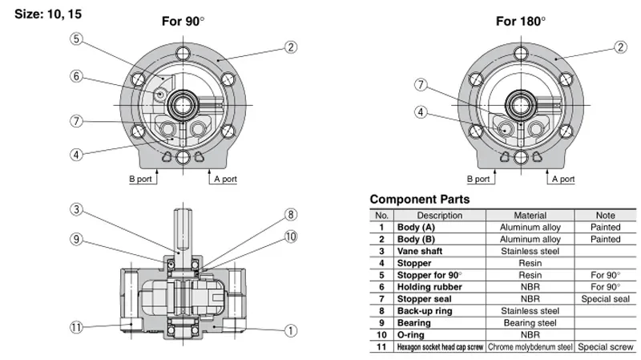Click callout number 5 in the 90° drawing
pyautogui.click(x=76, y=39)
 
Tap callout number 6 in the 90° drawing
pyautogui.click(x=76, y=76)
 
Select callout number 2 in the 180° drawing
pyautogui.click(x=620, y=47)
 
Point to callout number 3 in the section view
pyautogui.click(x=76, y=209)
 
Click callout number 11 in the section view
pyautogui.click(x=76, y=327)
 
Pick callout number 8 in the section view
pyautogui.click(x=291, y=214)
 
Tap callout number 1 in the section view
pyautogui.click(x=291, y=330)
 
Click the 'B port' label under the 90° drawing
pyautogui.click(x=141, y=179)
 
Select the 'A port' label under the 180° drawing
pyautogui.click(x=563, y=179)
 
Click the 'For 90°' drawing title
pyautogui.click(x=183, y=21)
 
